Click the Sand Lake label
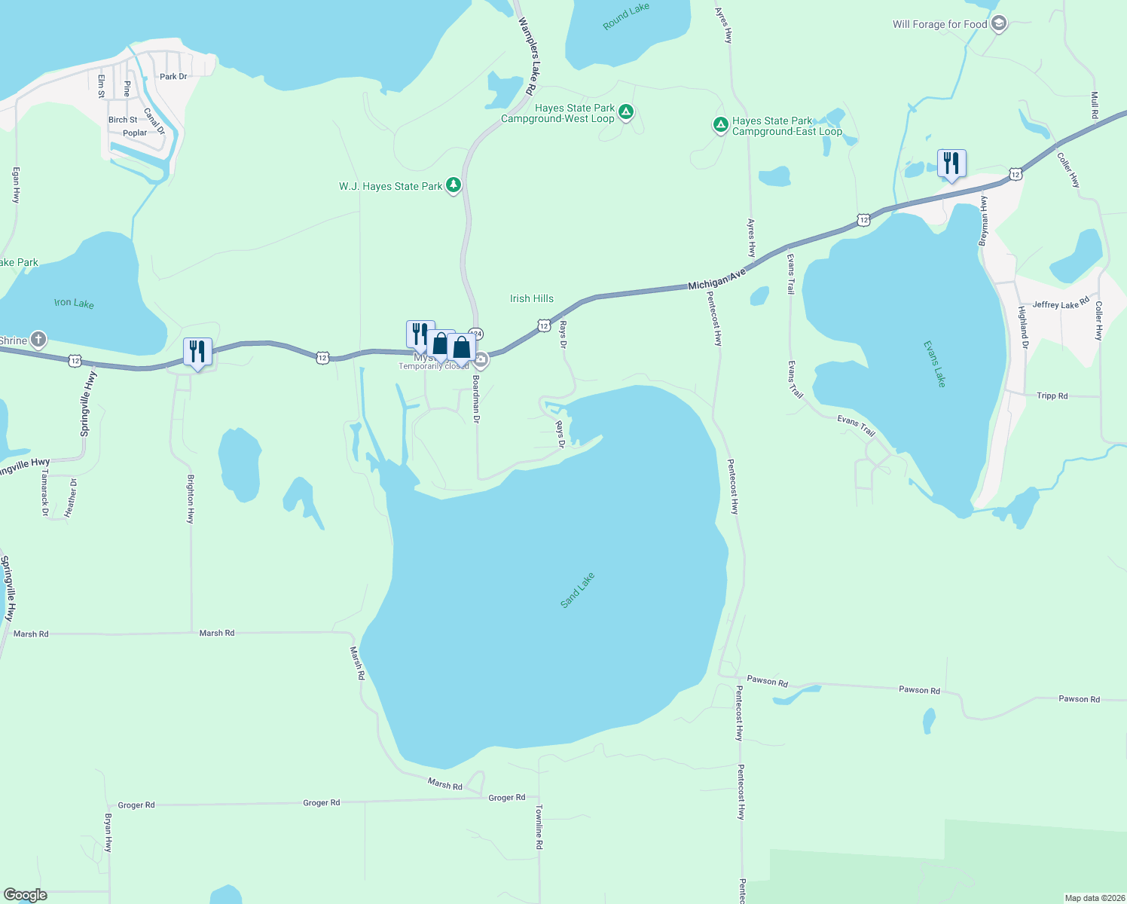coord(578,590)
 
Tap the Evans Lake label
coord(934,364)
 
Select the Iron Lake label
coord(74,303)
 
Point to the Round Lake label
coord(626,17)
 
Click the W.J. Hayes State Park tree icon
coord(453,185)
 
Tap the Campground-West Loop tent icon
coord(625,113)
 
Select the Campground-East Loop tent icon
coord(720,124)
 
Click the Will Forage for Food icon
coord(999,23)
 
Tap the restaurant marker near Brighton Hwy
coord(197,352)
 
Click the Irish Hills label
coord(532,298)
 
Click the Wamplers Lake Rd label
coord(527,56)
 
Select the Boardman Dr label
coord(476,399)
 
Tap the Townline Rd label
coord(539,827)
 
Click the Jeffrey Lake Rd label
coord(1061,304)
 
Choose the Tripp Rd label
coord(1052,395)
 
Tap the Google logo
coord(26,895)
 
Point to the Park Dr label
coord(173,76)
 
